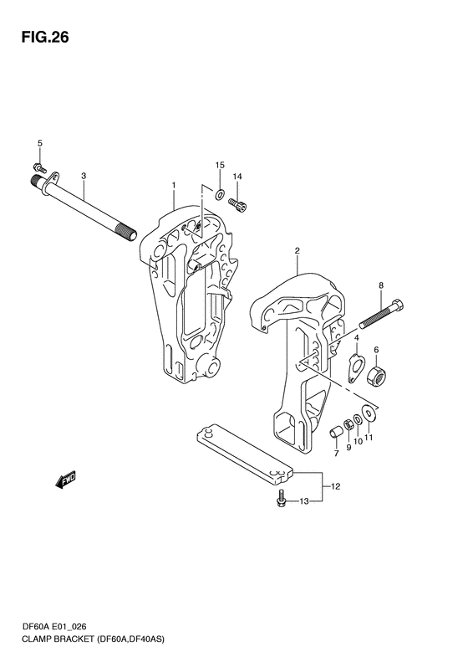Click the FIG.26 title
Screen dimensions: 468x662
[x=45, y=38]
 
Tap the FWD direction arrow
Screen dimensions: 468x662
[x=65, y=480]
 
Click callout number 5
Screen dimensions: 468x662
[x=40, y=143]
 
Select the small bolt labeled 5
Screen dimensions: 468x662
[x=39, y=167]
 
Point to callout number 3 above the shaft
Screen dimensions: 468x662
[x=84, y=175]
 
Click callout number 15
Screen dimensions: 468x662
[x=220, y=165]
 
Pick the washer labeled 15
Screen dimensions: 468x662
[x=219, y=195]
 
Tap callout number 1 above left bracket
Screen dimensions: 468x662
[x=173, y=185]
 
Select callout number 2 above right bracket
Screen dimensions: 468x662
[x=297, y=251]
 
